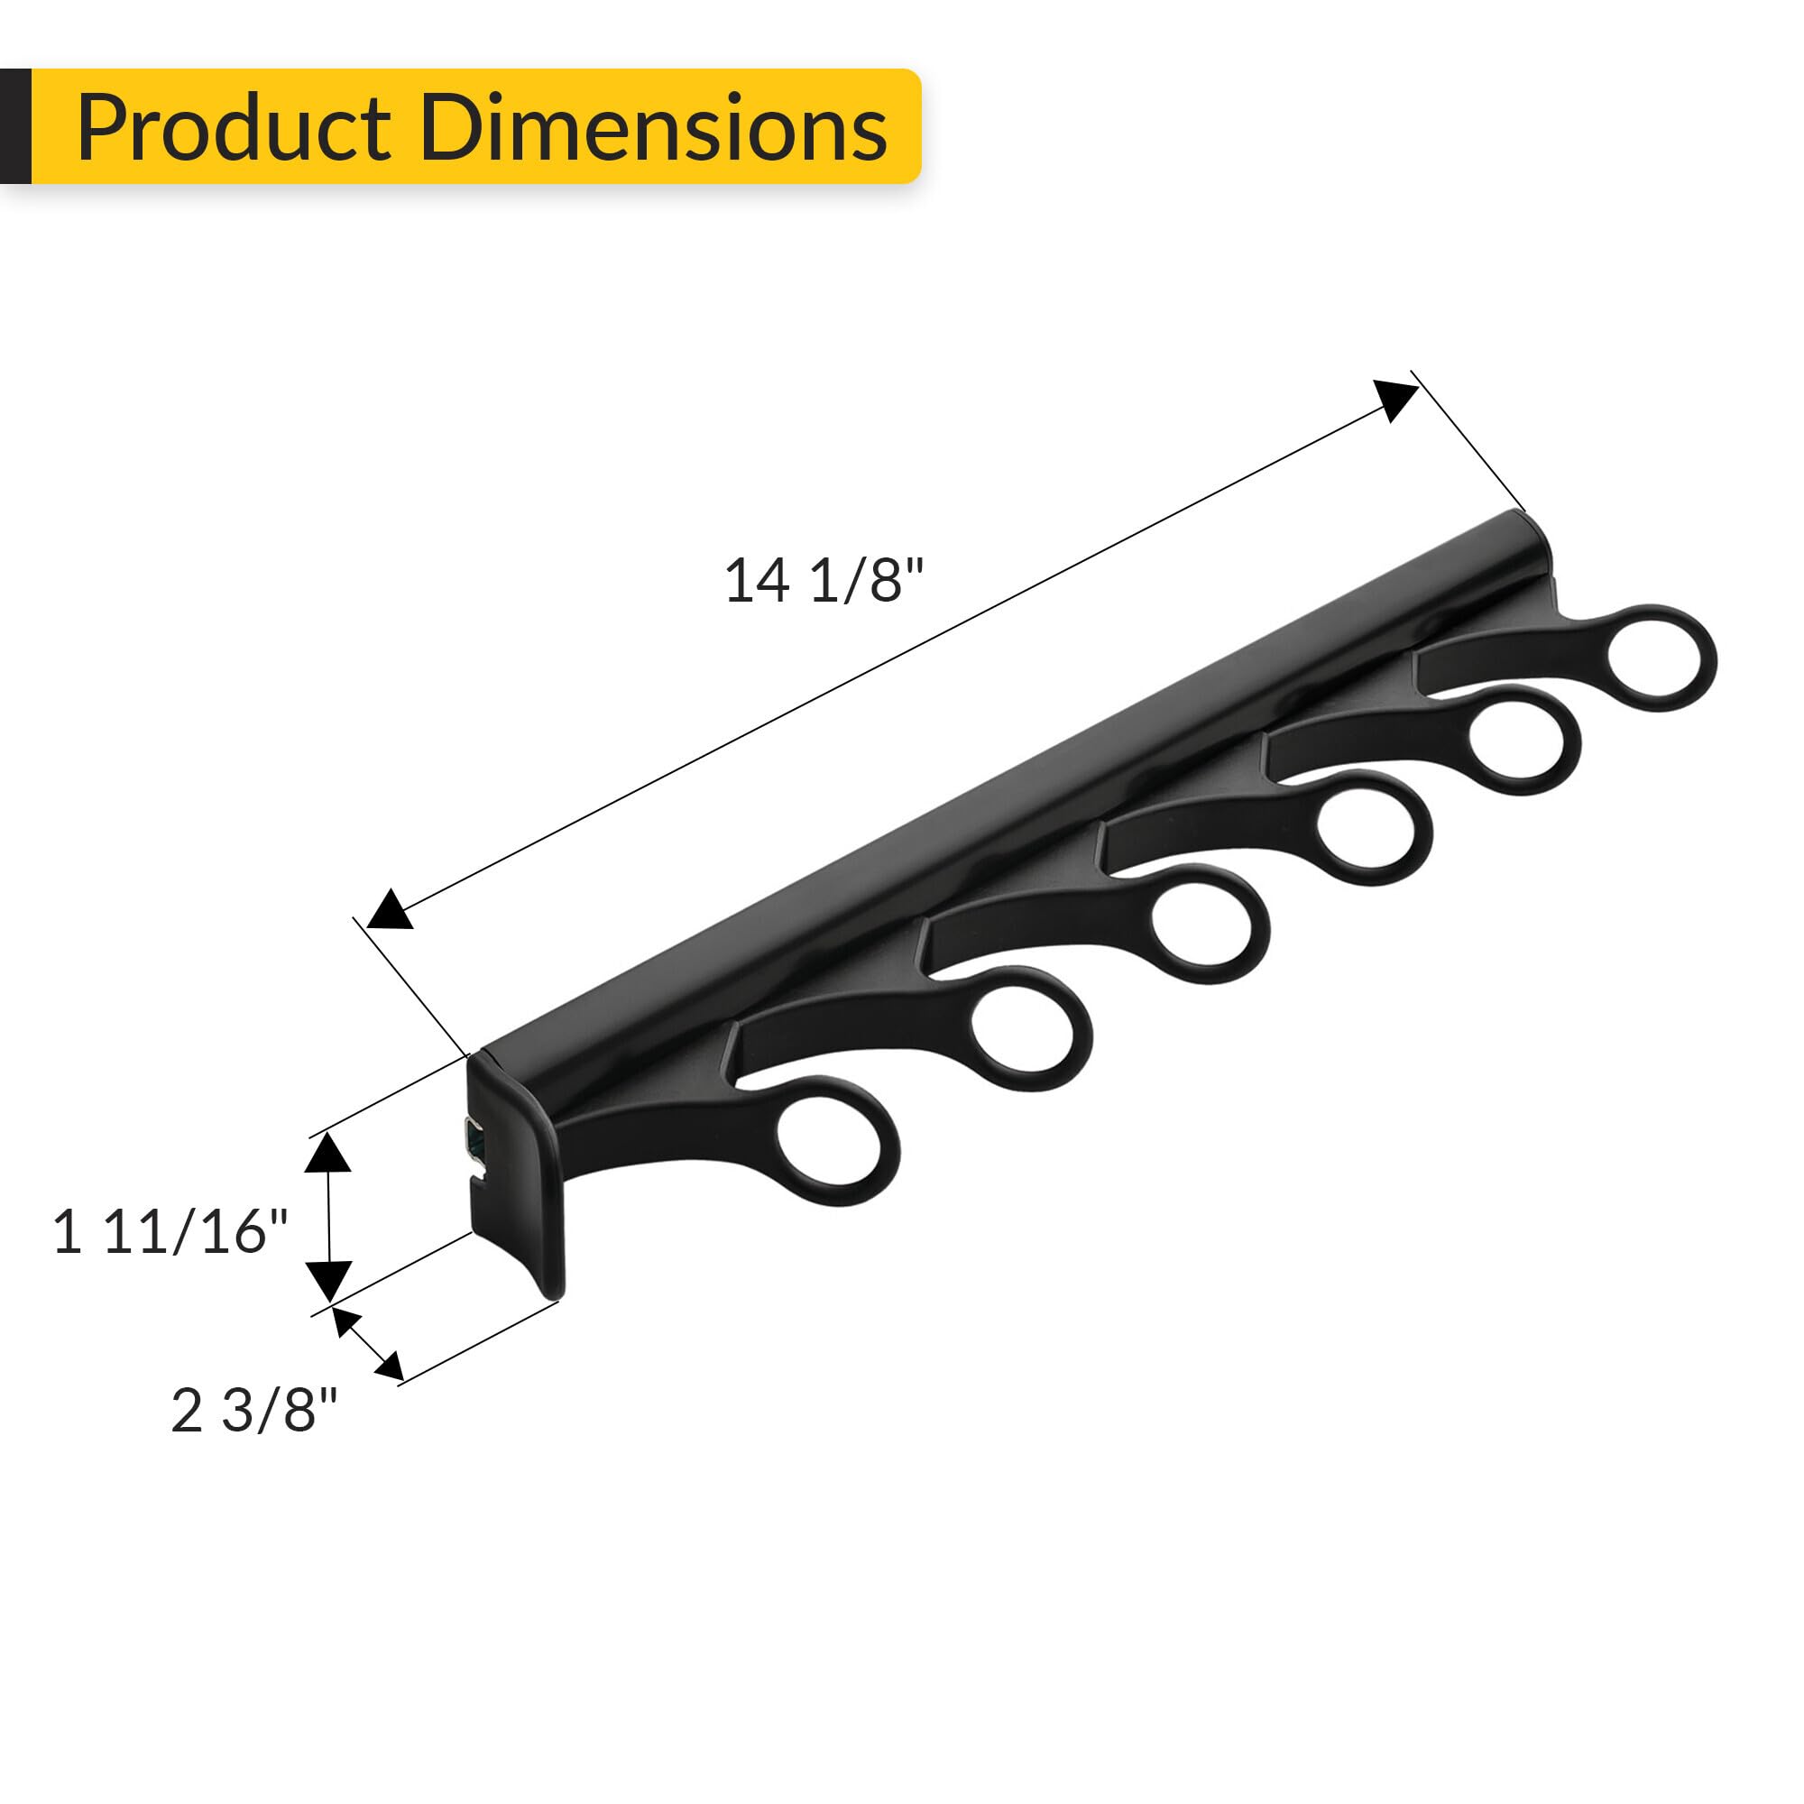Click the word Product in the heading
[234, 128]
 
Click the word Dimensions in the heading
[653, 128]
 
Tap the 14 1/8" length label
[824, 580]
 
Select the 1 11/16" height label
[170, 1231]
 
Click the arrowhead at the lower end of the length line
[391, 909]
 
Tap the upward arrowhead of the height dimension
[327, 1155]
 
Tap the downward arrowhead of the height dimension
[328, 1277]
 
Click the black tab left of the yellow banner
[15, 126]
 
